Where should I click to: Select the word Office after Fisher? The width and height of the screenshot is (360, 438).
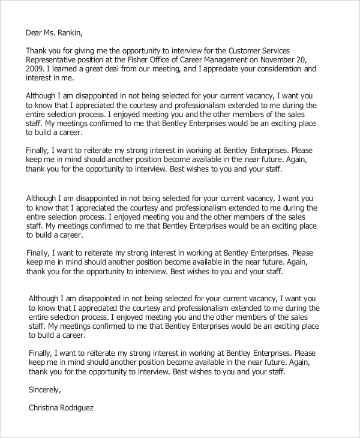(x=170, y=59)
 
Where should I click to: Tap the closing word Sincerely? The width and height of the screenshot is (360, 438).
(x=45, y=390)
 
